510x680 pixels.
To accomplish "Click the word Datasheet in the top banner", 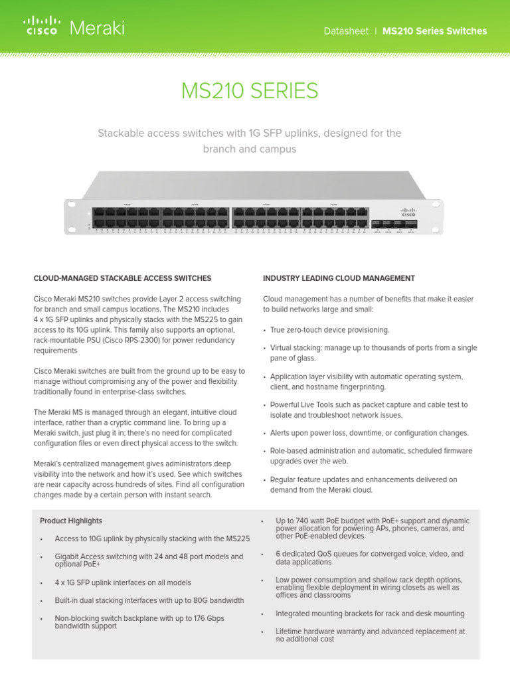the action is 345,31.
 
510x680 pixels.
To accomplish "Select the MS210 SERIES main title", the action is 249,91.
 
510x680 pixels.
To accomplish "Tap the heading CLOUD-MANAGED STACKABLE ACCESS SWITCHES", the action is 122,278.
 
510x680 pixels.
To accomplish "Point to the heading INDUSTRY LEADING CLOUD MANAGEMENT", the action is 339,278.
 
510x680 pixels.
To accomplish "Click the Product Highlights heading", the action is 71,521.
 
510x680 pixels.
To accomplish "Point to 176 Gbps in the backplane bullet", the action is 203,618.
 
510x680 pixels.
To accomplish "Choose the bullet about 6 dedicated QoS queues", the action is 369,558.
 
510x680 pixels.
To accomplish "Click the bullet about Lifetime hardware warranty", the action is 370,636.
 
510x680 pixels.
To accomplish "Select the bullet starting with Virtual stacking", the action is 373,353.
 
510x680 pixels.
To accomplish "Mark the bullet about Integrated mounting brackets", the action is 370,614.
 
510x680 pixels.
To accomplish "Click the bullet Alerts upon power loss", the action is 369,433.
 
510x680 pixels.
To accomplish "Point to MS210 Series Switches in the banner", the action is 434,31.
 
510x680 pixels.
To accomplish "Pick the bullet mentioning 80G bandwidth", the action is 149,600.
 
